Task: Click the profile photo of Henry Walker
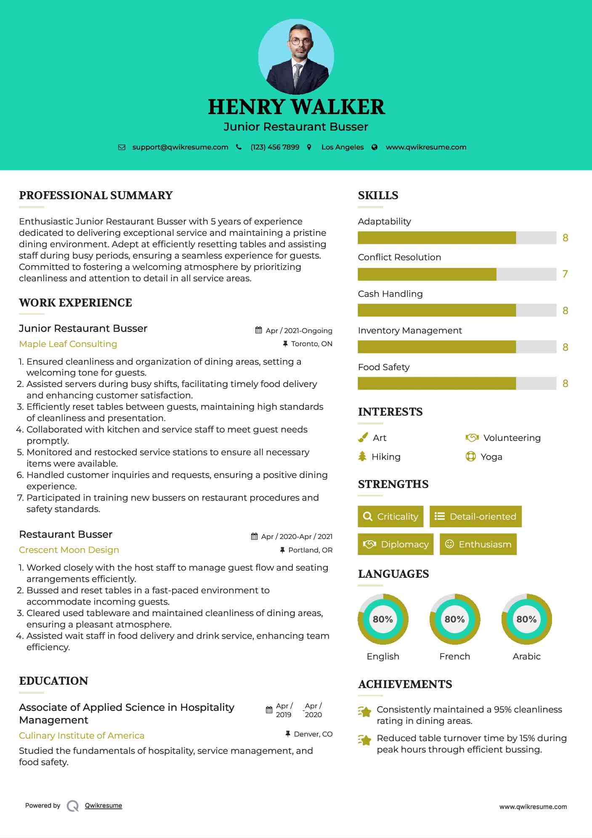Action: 296,56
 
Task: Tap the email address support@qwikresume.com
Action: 180,147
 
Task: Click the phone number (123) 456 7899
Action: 275,147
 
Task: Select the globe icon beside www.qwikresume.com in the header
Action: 374,147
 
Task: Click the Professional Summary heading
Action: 96,195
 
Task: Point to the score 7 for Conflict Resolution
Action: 565,274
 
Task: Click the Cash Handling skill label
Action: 390,294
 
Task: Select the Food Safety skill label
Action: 383,367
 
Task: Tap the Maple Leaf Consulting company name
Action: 68,344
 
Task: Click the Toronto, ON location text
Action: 311,344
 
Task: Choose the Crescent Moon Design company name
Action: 69,550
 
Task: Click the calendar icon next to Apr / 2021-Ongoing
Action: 258,330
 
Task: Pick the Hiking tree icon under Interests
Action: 362,456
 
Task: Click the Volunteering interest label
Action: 512,438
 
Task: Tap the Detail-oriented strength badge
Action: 475,516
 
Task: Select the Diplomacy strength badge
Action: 396,544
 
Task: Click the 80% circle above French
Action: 454,619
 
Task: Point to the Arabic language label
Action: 526,657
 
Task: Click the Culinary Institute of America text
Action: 82,736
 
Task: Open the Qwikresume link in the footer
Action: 104,806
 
